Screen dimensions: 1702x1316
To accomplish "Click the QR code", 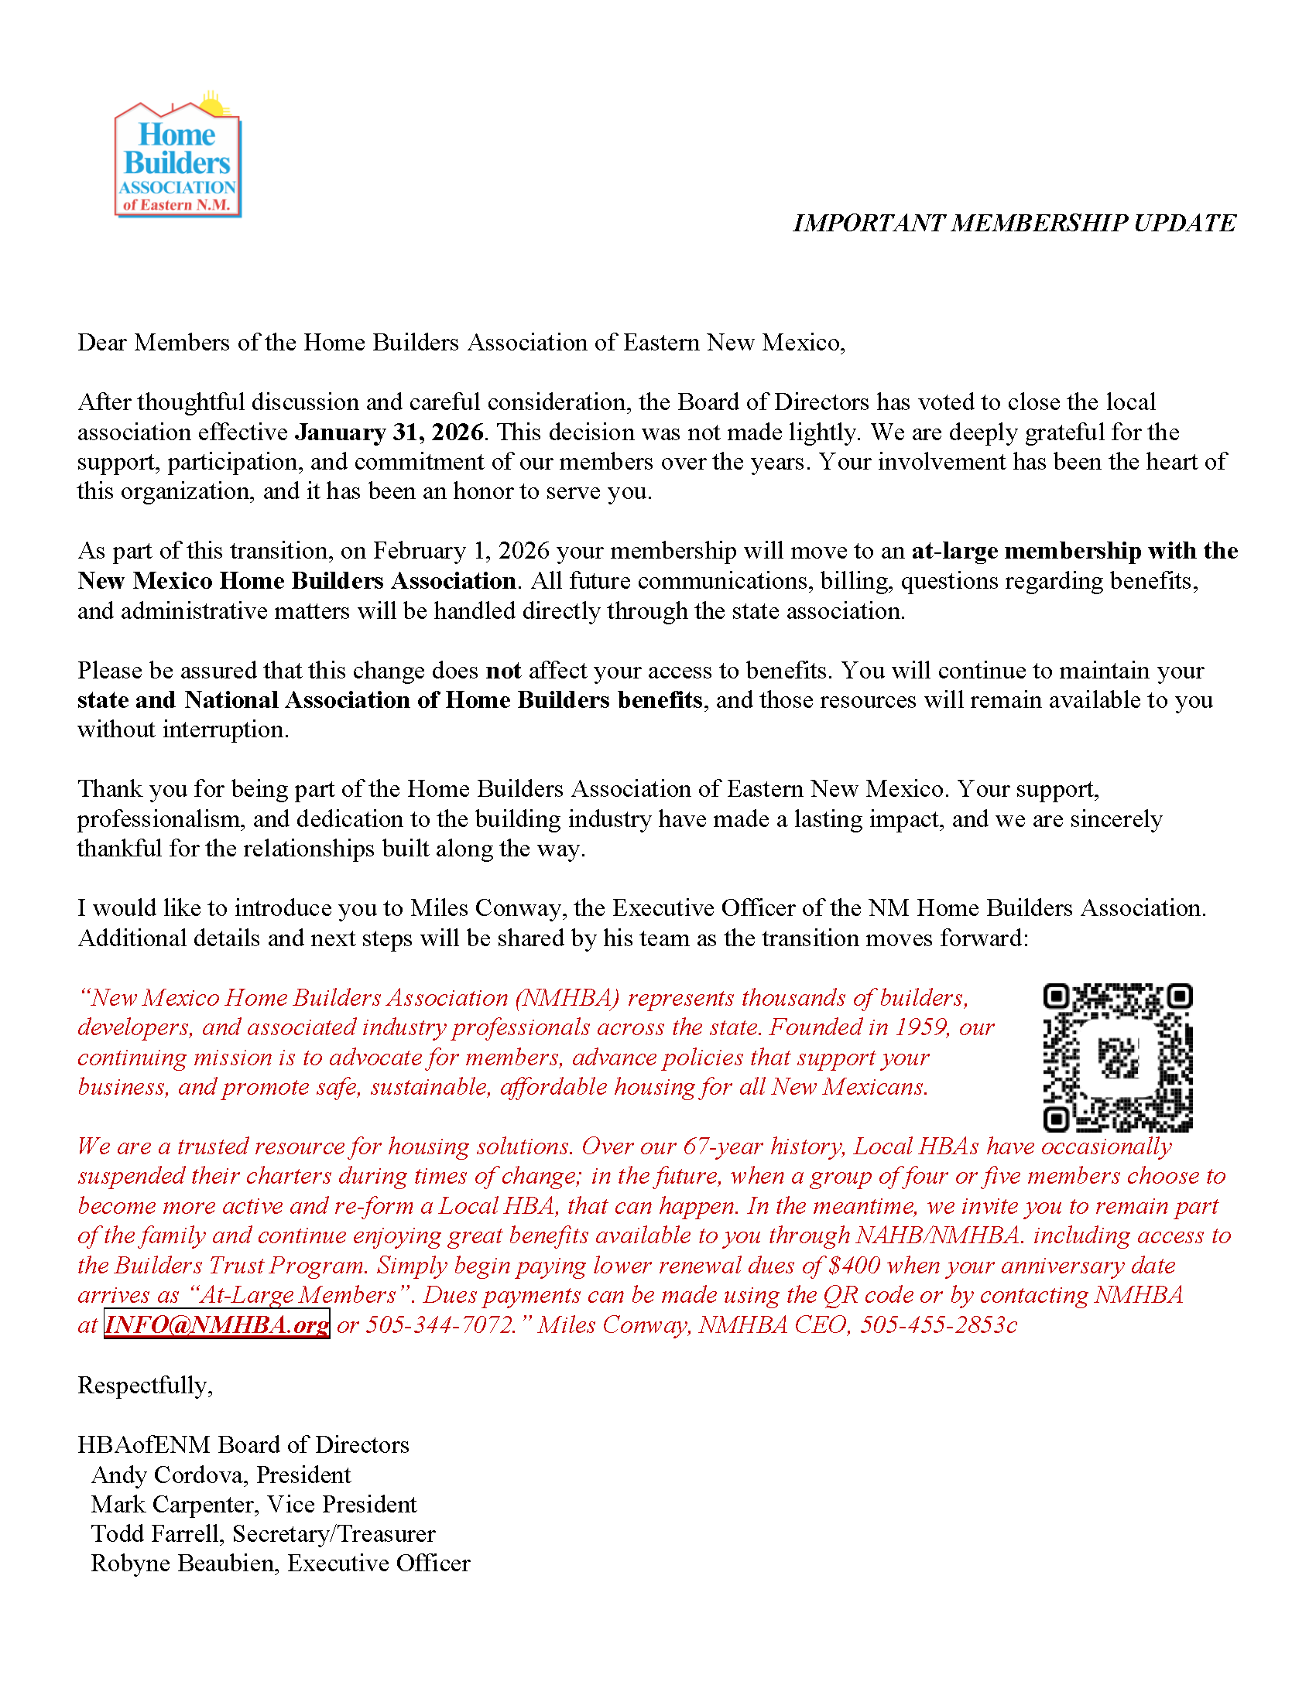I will tap(1117, 1057).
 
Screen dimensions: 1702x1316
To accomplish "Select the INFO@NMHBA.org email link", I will tap(217, 1324).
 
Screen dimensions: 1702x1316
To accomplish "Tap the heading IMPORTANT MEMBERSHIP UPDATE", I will tap(1013, 224).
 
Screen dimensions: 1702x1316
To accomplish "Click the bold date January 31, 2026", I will tap(389, 432).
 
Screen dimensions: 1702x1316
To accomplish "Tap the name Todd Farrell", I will tap(157, 1534).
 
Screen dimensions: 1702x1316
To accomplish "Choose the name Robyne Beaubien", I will tap(184, 1564).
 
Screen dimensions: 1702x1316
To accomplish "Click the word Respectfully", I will tap(143, 1386).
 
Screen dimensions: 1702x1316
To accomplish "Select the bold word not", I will tap(503, 671).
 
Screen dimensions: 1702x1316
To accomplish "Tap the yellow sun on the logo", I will tap(211, 104).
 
